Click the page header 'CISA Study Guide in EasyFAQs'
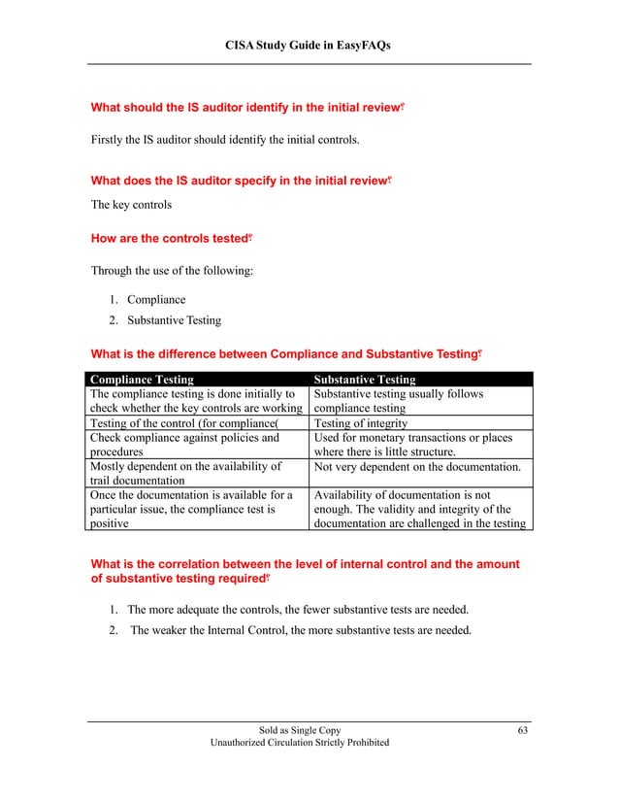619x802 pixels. [x=309, y=46]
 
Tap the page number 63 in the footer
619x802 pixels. [x=522, y=729]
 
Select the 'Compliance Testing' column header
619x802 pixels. [x=142, y=380]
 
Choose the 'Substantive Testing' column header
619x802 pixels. [x=366, y=380]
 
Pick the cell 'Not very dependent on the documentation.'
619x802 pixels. [x=419, y=467]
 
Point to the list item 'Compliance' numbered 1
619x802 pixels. [x=156, y=300]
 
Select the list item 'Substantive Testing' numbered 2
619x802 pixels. [x=174, y=320]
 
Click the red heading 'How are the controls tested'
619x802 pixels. [x=170, y=238]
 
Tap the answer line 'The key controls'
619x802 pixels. [x=131, y=205]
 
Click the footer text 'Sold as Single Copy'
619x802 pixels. [x=300, y=729]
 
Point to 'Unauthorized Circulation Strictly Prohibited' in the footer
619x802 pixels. [x=300, y=743]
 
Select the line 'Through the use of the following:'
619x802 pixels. [x=172, y=271]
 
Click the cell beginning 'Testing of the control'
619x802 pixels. [x=182, y=423]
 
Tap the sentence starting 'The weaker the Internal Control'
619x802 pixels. [x=301, y=631]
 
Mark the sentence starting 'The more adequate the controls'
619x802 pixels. [x=298, y=610]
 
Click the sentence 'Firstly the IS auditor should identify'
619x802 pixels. [x=225, y=141]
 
